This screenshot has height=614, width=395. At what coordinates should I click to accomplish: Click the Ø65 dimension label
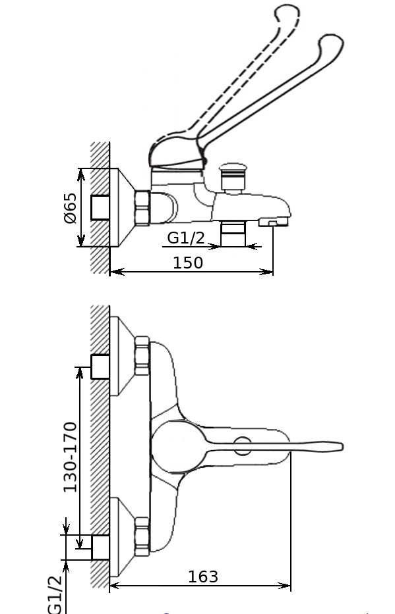pyautogui.click(x=70, y=207)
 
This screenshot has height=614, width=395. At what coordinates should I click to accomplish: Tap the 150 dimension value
pyautogui.click(x=188, y=263)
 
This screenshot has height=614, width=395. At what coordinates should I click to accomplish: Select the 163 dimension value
pyautogui.click(x=203, y=576)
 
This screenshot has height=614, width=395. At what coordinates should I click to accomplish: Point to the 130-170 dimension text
pyautogui.click(x=70, y=457)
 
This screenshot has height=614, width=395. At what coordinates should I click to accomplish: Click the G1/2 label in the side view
pyautogui.click(x=186, y=238)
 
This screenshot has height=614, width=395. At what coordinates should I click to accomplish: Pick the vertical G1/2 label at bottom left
pyautogui.click(x=55, y=594)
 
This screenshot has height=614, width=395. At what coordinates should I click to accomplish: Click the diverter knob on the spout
pyautogui.click(x=233, y=177)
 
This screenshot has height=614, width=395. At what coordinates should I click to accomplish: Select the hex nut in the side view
pyautogui.click(x=142, y=208)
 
